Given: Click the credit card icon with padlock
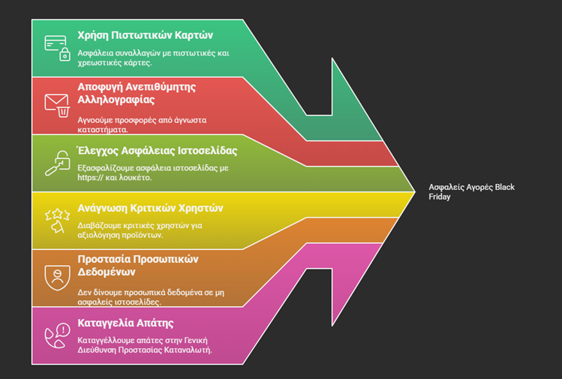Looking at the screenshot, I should (57, 47).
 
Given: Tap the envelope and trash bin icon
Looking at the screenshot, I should (57, 105).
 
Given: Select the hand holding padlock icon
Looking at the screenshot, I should (57, 162).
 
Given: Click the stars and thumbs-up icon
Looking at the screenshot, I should (57, 219).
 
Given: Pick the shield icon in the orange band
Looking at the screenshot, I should (57, 277).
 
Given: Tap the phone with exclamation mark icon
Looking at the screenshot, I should (57, 334).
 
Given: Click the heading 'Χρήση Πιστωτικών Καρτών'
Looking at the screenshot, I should (146, 35).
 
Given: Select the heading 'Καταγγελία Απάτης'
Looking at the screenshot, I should (125, 323).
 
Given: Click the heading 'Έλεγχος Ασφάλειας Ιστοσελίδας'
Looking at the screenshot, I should (158, 149).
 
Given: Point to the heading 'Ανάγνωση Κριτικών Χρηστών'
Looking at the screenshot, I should (150, 208).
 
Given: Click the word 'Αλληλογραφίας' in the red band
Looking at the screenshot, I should (116, 99).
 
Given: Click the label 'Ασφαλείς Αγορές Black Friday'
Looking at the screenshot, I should (471, 191).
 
